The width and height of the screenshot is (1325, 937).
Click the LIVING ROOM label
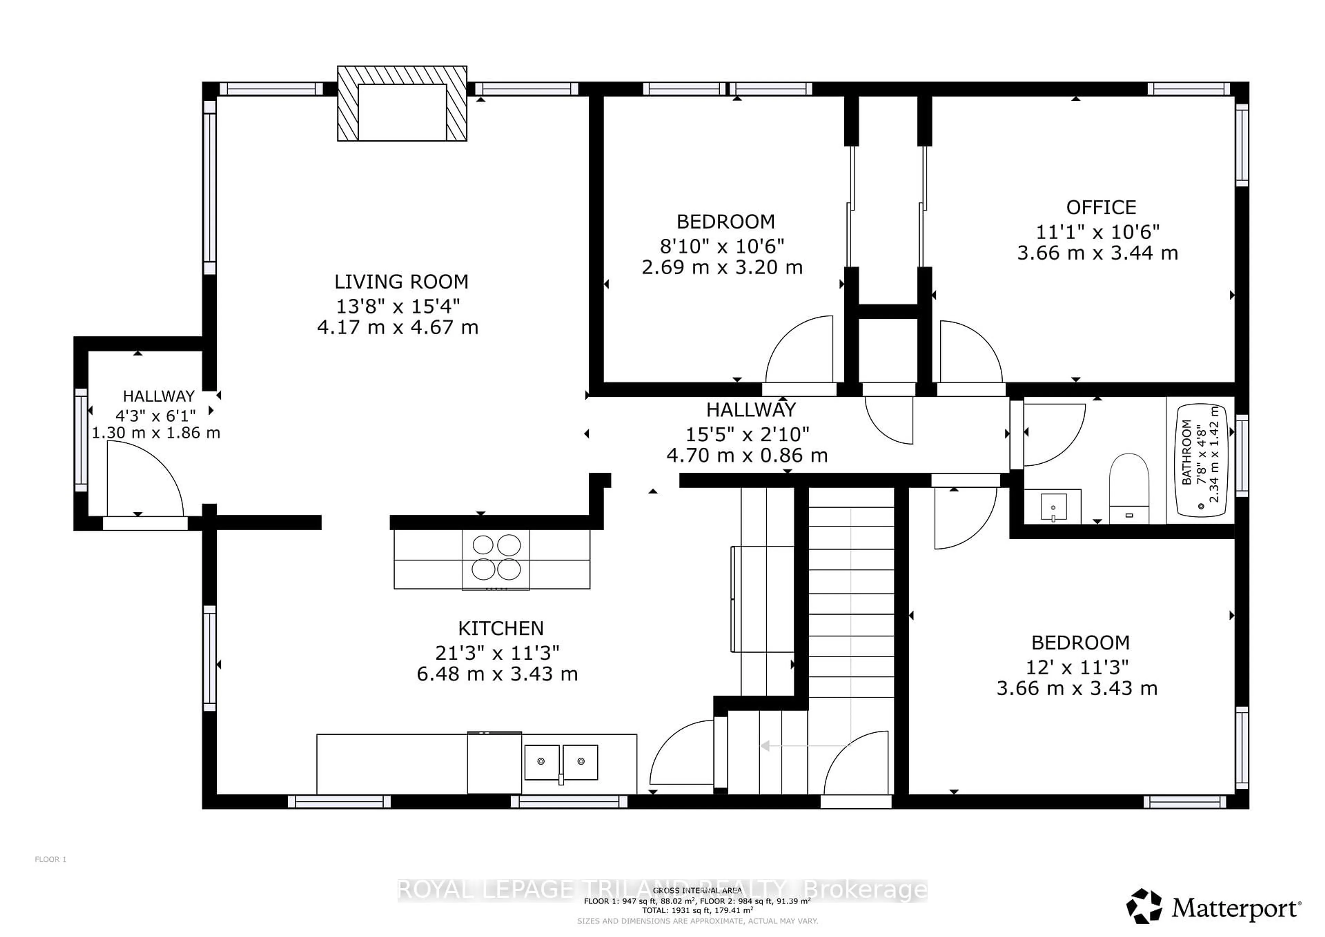pyautogui.click(x=401, y=282)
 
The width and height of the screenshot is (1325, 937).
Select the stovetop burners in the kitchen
pyautogui.click(x=496, y=558)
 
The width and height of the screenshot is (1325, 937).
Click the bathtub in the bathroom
pyautogui.click(x=1201, y=460)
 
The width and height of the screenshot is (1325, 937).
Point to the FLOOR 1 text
pyautogui.click(x=51, y=860)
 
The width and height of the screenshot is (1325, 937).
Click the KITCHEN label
pyautogui.click(x=500, y=628)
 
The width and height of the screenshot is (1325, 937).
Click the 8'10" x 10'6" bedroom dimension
pyautogui.click(x=722, y=246)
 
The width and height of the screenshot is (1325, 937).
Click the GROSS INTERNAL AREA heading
pyautogui.click(x=697, y=891)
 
